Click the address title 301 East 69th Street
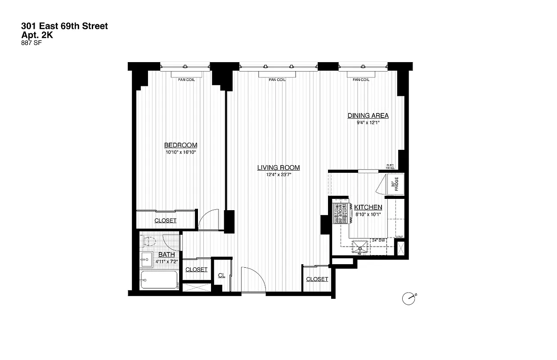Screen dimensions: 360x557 (64, 27)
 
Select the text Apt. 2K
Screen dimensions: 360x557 (37, 35)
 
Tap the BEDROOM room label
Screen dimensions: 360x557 (180, 145)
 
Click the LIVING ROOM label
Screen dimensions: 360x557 (278, 167)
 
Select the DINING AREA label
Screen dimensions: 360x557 (368, 116)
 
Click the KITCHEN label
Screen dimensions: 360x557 (368, 207)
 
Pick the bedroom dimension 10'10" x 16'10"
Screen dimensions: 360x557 (180, 153)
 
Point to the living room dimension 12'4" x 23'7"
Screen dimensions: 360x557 (278, 175)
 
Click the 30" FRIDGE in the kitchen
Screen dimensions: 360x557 (394, 185)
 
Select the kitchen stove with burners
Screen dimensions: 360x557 (341, 213)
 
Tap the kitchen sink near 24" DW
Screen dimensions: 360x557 (360, 246)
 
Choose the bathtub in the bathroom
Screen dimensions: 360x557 (158, 280)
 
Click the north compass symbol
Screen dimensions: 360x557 (409, 298)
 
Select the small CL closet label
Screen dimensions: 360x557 (221, 275)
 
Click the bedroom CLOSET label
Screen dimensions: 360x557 (165, 220)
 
